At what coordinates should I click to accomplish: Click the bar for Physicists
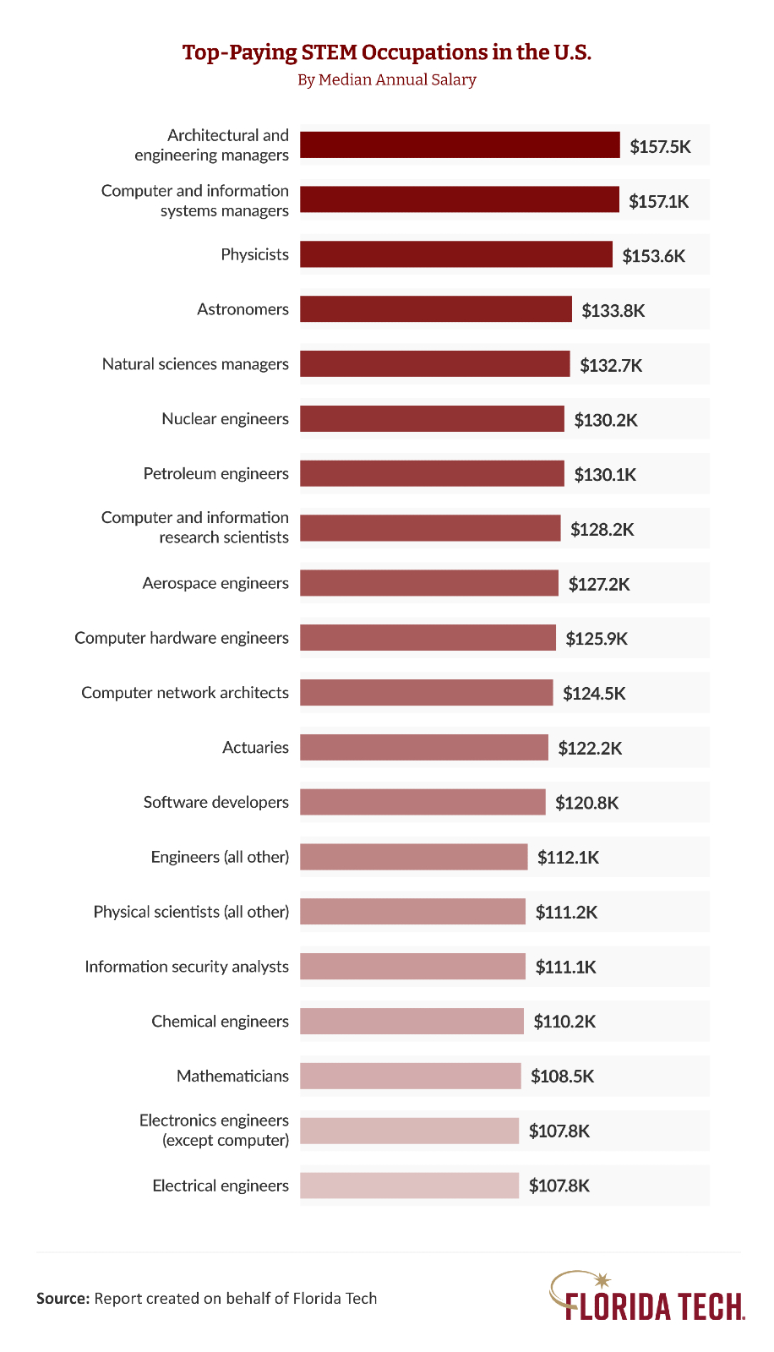(x=456, y=254)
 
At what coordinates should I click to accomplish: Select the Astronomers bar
(x=436, y=309)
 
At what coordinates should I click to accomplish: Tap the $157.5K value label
(x=660, y=146)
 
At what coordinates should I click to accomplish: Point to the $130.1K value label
(x=605, y=474)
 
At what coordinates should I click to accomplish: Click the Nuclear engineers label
(x=225, y=419)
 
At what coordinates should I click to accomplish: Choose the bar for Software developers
(x=422, y=802)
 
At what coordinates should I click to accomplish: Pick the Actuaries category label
(x=255, y=747)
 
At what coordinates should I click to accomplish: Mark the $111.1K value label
(x=565, y=967)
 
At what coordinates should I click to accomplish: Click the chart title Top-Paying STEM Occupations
(x=387, y=52)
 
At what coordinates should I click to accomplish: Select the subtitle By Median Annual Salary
(x=387, y=79)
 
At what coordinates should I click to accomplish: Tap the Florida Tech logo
(x=647, y=1297)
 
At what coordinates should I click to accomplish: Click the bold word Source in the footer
(x=63, y=1299)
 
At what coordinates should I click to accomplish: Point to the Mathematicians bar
(x=411, y=1076)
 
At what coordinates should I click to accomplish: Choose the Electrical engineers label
(x=221, y=1186)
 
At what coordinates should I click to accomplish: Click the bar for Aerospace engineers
(x=429, y=583)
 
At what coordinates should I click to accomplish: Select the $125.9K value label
(x=597, y=638)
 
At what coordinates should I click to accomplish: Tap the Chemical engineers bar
(x=412, y=1021)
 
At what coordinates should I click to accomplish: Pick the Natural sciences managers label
(x=195, y=364)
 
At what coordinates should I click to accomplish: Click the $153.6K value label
(x=653, y=255)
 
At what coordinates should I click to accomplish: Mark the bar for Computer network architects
(x=427, y=693)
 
